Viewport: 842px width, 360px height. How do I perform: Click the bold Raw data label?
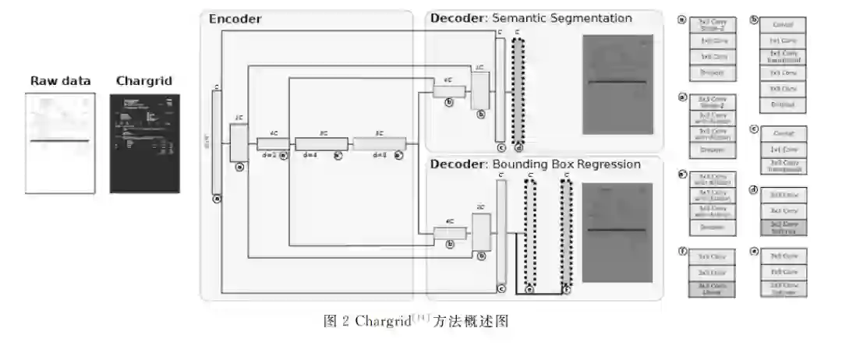click(x=60, y=81)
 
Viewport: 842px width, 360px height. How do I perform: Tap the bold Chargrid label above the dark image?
click(x=143, y=81)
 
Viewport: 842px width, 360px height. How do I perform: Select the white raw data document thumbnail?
click(x=60, y=143)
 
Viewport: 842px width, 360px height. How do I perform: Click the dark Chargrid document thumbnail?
click(x=144, y=143)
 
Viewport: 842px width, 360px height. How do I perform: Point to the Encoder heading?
click(x=235, y=19)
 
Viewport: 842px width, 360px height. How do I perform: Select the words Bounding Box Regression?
click(x=566, y=164)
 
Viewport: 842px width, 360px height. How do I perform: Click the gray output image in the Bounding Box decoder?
click(x=617, y=231)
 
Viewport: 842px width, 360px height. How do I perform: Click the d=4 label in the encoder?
click(x=310, y=155)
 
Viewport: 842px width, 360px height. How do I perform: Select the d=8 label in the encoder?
click(x=380, y=155)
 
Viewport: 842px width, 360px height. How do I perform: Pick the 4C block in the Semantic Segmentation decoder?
click(x=449, y=92)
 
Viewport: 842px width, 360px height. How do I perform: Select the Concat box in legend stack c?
click(x=783, y=134)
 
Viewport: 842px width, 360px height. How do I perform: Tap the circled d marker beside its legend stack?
click(x=754, y=189)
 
